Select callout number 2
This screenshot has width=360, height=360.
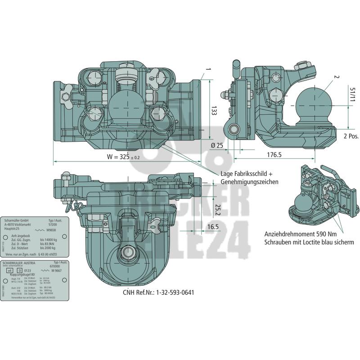(336, 77)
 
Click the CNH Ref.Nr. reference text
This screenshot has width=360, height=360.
(159, 292)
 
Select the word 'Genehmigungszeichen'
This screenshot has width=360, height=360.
(249, 182)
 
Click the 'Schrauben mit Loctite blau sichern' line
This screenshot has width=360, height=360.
(309, 242)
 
